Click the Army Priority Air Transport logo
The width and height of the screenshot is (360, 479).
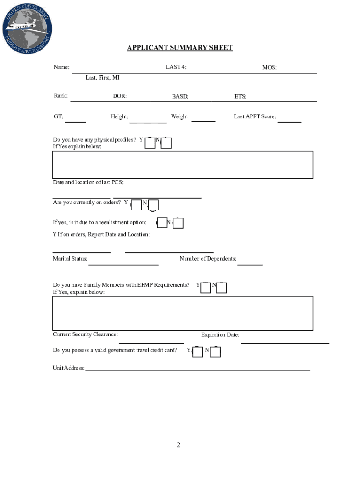click(x=27, y=28)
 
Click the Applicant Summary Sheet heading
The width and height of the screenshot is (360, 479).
click(x=180, y=48)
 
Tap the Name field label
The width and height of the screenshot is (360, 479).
click(x=61, y=67)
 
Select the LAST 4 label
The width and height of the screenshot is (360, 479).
click(x=176, y=67)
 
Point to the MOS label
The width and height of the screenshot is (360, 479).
click(x=269, y=68)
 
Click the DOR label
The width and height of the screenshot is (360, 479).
click(x=120, y=97)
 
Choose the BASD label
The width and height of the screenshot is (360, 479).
click(x=180, y=97)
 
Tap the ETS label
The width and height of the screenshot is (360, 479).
click(x=240, y=97)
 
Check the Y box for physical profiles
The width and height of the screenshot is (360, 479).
click(x=150, y=143)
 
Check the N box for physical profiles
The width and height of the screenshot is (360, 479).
click(x=166, y=143)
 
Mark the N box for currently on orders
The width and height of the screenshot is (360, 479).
click(x=153, y=205)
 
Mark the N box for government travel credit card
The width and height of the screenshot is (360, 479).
click(x=216, y=352)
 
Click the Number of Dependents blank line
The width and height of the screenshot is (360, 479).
click(x=250, y=264)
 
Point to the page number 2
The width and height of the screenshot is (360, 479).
click(x=178, y=445)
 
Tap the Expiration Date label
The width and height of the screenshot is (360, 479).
click(x=220, y=335)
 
